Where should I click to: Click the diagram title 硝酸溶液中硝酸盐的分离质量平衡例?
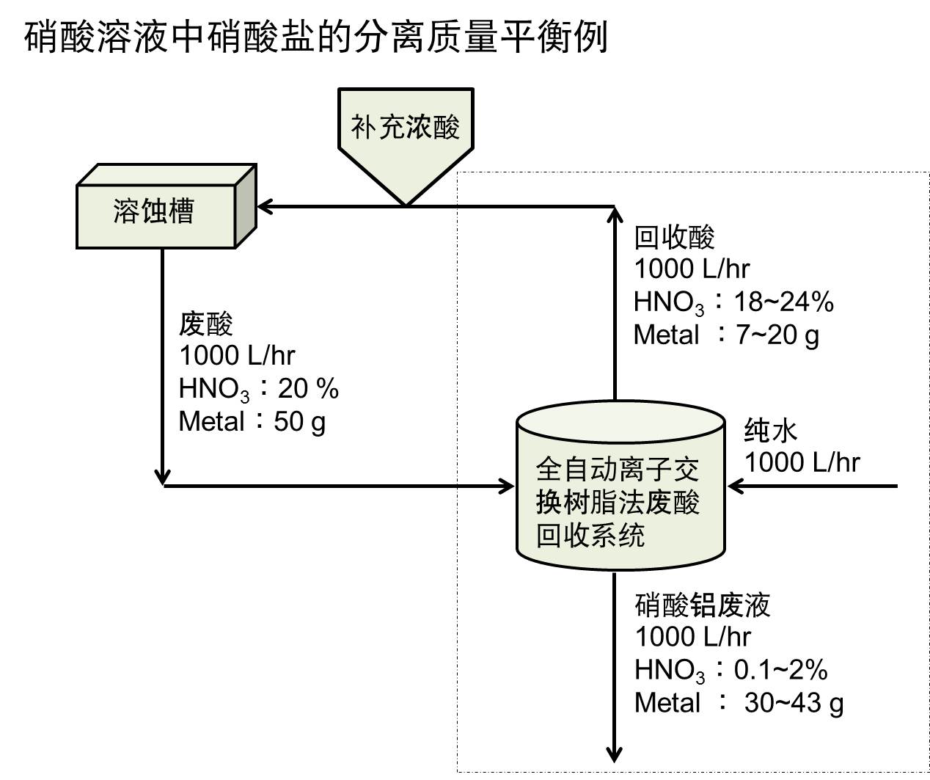tap(316, 37)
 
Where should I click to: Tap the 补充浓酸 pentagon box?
tap(405, 128)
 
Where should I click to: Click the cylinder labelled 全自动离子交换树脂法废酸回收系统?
tap(620, 503)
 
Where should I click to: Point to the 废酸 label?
tap(206, 323)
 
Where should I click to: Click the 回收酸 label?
tap(674, 237)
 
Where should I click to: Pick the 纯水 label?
tap(770, 430)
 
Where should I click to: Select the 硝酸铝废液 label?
tap(702, 605)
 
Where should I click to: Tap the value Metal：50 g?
tap(252, 422)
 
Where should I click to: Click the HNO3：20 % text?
tap(258, 389)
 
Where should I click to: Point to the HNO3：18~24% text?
tap(733, 302)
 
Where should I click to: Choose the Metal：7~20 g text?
tap(726, 335)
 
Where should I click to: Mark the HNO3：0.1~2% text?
tap(731, 670)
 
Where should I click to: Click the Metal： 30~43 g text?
tap(739, 703)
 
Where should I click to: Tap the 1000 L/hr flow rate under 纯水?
tap(802, 462)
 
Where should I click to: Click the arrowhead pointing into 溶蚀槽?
tap(264, 207)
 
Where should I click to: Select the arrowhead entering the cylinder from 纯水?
tap(735, 486)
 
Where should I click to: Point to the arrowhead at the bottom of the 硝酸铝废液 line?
tap(615, 754)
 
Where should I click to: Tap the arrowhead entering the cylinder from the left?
tap(506, 486)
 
